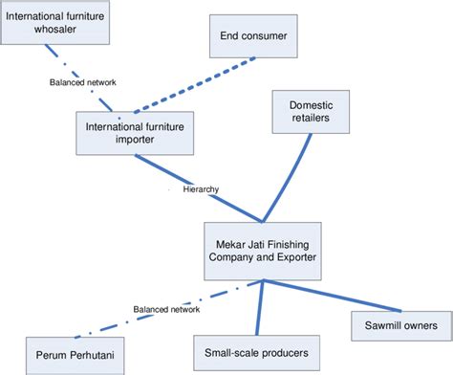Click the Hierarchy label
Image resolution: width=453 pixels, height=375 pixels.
click(x=200, y=189)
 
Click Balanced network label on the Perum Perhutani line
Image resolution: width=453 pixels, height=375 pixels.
click(x=167, y=310)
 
